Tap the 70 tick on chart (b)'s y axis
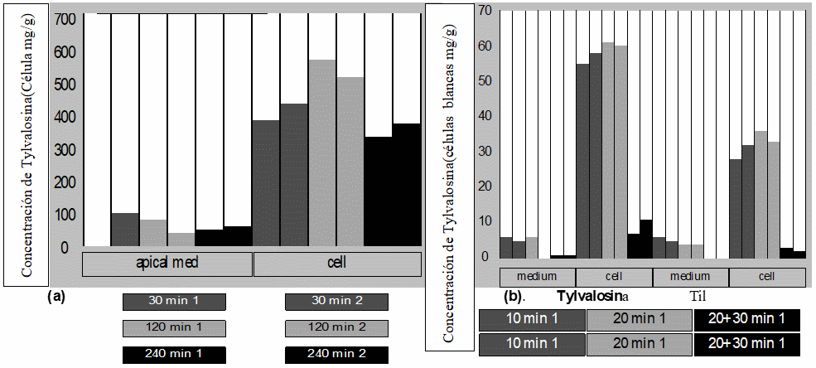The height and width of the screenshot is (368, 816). (485, 11)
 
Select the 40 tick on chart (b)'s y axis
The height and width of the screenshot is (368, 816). (485, 116)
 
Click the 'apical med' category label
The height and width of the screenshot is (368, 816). (167, 264)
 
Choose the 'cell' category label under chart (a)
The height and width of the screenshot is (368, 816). (336, 264)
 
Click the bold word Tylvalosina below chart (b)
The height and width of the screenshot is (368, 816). (593, 296)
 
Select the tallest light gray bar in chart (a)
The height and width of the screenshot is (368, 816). (322, 153)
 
